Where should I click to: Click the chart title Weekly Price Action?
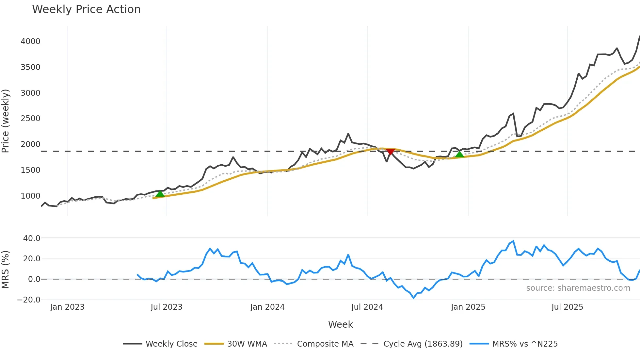(86, 9)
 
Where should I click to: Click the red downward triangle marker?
(390, 152)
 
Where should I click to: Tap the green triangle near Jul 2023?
(160, 194)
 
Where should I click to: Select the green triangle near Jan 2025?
(459, 154)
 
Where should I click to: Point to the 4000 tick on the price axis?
(30, 41)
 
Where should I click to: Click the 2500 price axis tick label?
(30, 119)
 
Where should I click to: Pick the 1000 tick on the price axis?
(30, 196)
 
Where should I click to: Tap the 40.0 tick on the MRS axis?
(32, 238)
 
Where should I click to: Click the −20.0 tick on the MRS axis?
(29, 300)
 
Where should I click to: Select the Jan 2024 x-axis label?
(267, 307)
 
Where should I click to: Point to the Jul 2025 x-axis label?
(567, 307)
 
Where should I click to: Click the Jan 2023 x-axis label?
(67, 307)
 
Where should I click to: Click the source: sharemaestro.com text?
(578, 288)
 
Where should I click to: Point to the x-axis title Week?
(340, 324)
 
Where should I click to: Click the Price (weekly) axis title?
(6, 121)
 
